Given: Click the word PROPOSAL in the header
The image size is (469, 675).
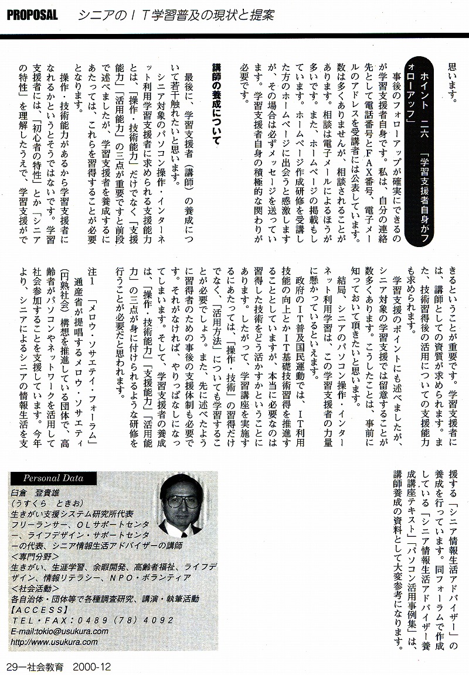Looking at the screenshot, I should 32,16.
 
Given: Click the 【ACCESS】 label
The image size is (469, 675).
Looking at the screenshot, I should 40,609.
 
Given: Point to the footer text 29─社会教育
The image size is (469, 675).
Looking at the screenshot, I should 36,666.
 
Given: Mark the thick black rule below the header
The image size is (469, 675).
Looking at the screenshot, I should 235,35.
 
